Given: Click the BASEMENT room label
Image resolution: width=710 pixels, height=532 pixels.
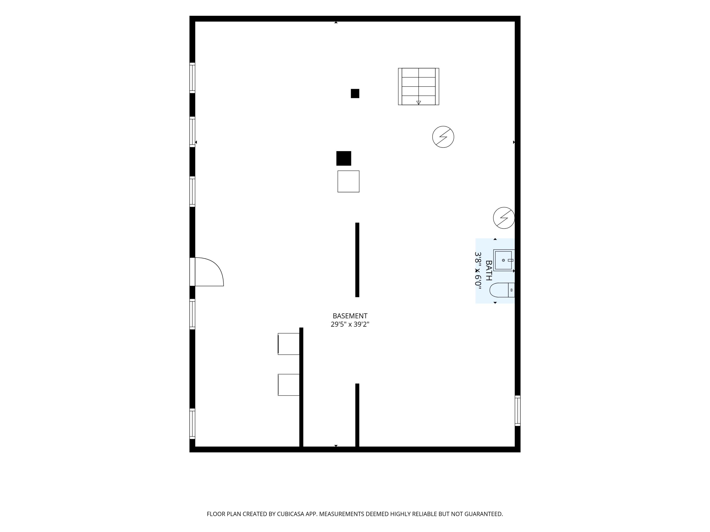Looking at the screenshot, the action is click(x=350, y=316).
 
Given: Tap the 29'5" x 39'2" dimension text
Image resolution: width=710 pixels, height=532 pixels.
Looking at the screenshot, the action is click(x=350, y=324).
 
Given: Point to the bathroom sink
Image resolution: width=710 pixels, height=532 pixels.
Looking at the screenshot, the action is click(x=504, y=260).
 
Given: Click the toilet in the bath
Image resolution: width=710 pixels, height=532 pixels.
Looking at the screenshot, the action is click(x=502, y=290).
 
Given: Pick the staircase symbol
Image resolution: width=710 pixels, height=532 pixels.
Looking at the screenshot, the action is click(x=419, y=86).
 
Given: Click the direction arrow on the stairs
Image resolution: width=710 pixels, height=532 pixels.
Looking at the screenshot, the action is click(x=419, y=103).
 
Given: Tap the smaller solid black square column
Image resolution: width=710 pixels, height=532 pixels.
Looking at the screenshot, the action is click(x=355, y=93).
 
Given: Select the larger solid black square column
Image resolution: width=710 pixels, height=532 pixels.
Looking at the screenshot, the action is click(x=344, y=158).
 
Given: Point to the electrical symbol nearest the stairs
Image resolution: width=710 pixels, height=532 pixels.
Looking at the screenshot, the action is click(x=443, y=137).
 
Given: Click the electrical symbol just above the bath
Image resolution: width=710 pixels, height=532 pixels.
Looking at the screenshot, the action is click(x=504, y=218).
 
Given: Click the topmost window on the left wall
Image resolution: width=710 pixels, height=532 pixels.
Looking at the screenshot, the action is click(x=192, y=78).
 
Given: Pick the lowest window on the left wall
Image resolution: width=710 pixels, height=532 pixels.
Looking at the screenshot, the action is click(x=192, y=424).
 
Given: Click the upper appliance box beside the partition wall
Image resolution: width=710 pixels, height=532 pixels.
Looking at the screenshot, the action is click(x=288, y=344).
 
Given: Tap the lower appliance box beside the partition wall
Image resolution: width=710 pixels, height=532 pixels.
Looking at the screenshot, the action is click(x=288, y=385).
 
